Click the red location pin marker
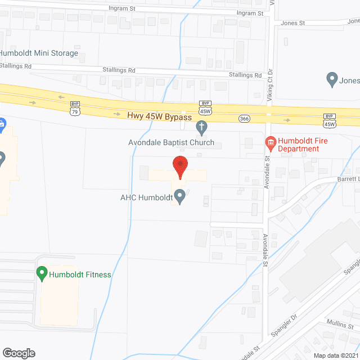click(180, 167)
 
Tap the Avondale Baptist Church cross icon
click(201, 129)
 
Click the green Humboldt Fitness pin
click(42, 273)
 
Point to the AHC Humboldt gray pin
click(180, 196)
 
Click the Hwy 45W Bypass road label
click(160, 116)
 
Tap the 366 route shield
click(244, 118)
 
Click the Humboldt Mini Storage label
click(39, 53)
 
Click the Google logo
click(18, 353)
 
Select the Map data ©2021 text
click(335, 355)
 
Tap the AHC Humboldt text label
click(146, 197)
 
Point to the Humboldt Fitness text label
click(80, 274)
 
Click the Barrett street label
click(348, 179)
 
